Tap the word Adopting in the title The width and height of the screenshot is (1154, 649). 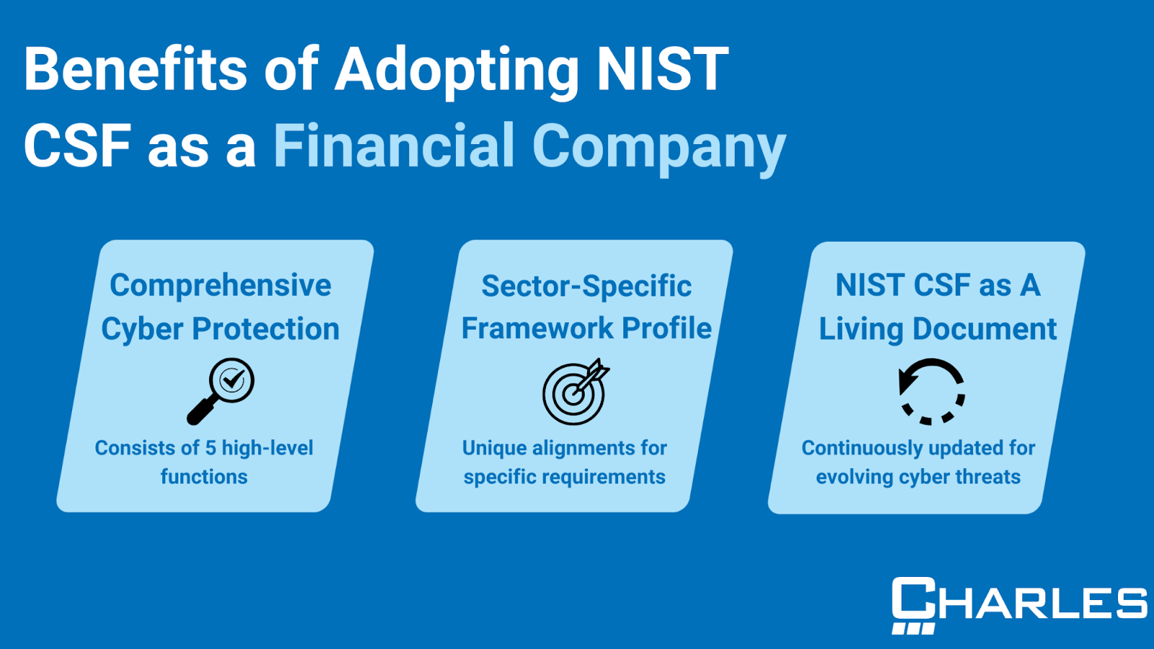click(457, 73)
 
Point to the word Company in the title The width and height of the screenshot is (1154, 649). click(659, 149)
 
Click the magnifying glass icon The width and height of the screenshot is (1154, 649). click(221, 392)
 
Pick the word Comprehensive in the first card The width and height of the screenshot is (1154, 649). click(221, 286)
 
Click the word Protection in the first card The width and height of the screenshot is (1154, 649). click(265, 329)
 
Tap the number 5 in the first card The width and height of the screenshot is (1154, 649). click(210, 448)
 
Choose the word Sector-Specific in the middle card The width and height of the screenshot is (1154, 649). click(586, 286)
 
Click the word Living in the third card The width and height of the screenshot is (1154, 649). click(861, 330)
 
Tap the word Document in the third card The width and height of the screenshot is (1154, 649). click(985, 329)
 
